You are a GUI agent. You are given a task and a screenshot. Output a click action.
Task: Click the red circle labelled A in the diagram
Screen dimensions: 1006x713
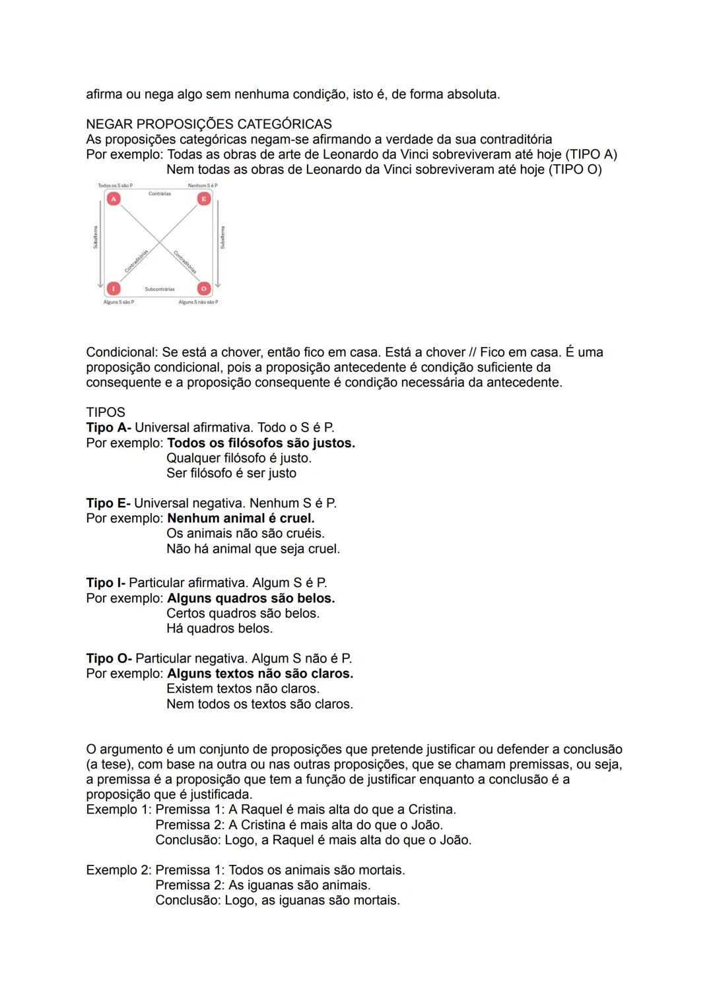click(x=114, y=199)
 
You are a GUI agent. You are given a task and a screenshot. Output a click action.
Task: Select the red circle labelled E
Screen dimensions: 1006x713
click(x=204, y=199)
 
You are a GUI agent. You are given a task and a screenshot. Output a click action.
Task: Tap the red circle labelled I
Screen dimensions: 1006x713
click(x=114, y=288)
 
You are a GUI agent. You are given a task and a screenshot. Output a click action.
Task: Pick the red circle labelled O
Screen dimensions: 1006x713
click(x=204, y=288)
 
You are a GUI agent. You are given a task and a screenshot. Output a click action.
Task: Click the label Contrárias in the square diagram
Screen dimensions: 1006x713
click(x=160, y=194)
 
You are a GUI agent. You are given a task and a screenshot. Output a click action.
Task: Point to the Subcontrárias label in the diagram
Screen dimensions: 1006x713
click(x=160, y=290)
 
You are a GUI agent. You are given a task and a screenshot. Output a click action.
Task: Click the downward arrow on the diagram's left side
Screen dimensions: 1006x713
click(x=100, y=244)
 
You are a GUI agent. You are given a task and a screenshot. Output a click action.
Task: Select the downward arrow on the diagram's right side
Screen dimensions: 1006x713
click(x=218, y=244)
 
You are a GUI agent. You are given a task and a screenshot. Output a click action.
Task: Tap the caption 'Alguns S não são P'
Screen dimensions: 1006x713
click(x=198, y=302)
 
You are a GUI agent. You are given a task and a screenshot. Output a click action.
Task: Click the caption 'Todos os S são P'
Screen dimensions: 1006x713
click(x=115, y=185)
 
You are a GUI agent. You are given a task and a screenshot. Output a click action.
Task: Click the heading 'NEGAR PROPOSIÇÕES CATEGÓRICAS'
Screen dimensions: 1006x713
click(x=209, y=124)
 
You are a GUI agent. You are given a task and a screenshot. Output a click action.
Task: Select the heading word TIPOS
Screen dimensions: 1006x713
click(x=106, y=412)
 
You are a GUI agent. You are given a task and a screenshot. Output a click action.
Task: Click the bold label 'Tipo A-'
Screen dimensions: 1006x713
click(x=108, y=427)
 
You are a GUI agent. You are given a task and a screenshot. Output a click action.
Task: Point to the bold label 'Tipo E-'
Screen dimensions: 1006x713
click(x=108, y=503)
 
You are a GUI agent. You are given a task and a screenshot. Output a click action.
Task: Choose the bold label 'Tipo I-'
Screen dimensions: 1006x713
click(x=106, y=582)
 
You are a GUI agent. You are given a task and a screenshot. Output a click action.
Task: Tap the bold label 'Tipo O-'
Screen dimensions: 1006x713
click(x=109, y=658)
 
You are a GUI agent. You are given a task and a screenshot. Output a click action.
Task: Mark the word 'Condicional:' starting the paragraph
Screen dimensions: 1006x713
click(x=122, y=352)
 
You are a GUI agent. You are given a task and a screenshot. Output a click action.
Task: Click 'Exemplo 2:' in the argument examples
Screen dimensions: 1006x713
click(x=119, y=870)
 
